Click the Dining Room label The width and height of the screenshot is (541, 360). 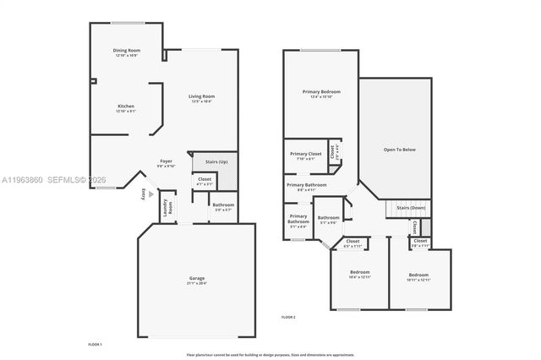127,51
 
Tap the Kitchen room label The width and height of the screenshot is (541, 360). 126,106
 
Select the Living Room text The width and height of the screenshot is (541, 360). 200,96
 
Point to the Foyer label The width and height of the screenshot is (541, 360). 167,161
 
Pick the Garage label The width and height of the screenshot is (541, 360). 196,278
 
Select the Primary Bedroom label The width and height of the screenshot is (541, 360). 322,90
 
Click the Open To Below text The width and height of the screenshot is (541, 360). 399,150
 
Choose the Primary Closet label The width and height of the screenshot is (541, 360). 306,154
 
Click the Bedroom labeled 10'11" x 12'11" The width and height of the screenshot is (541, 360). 418,275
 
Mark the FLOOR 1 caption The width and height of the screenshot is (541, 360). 95,345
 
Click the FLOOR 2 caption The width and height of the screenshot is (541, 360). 288,316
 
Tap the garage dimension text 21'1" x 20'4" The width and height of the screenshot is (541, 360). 196,283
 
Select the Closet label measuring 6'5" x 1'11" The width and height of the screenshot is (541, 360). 352,243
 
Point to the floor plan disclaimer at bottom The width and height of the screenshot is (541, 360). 270,353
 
